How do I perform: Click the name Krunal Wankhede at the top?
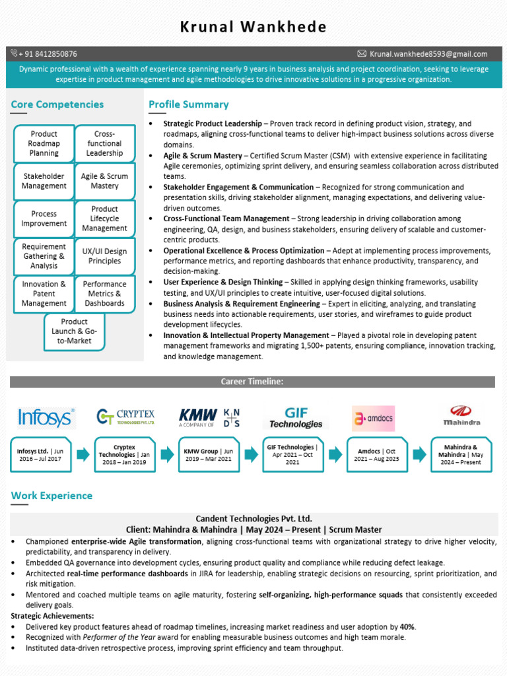(253, 27)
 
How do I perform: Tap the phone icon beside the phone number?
(15, 53)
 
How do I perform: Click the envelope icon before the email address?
(362, 53)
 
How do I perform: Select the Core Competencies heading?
(57, 104)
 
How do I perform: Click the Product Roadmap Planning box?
(44, 143)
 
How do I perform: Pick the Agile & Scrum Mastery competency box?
(104, 181)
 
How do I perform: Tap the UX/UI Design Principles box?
(104, 256)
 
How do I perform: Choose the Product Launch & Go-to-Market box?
(74, 331)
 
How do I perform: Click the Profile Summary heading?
(189, 104)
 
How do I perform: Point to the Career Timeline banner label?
(252, 382)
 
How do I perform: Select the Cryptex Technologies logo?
(125, 417)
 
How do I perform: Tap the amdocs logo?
(373, 419)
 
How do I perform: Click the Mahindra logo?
(461, 415)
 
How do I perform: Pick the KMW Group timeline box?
(209, 454)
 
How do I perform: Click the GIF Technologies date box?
(292, 454)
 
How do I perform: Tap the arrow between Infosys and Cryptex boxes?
(83, 454)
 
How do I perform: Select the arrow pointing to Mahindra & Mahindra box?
(419, 454)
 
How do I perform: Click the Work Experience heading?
(52, 496)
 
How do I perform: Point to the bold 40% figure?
(407, 626)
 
